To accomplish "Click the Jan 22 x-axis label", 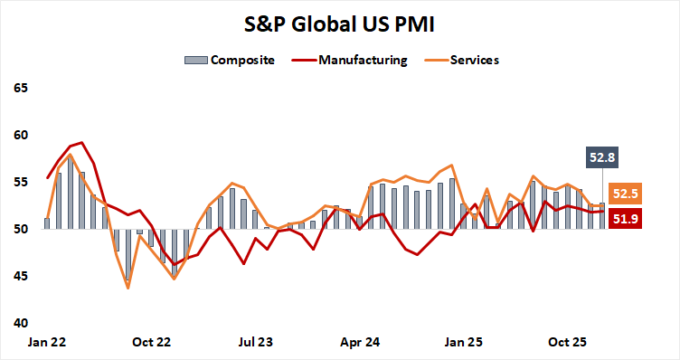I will click(47, 343).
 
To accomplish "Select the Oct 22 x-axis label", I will click(151, 343).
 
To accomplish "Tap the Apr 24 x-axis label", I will click(360, 343).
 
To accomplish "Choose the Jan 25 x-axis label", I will click(464, 343).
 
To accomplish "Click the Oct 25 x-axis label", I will click(569, 343).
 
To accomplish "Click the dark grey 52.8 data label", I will click(603, 157).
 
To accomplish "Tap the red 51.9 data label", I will click(626, 217).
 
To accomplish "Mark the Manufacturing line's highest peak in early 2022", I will click(81, 142).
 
